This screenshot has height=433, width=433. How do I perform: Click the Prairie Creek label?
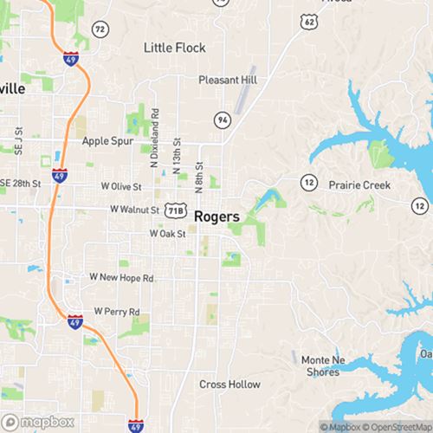(359, 185)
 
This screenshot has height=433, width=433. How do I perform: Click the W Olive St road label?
(121, 186)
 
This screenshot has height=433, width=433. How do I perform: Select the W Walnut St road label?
(135, 210)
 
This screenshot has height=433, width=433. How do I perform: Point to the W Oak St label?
(168, 234)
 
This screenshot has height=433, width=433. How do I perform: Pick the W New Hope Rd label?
(121, 277)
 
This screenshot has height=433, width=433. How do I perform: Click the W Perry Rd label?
(116, 309)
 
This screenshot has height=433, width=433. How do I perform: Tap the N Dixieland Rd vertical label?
(154, 138)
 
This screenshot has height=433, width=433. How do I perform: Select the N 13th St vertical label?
(177, 153)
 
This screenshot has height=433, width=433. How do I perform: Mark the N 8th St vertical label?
(198, 177)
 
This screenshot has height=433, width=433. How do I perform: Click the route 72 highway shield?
(101, 29)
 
